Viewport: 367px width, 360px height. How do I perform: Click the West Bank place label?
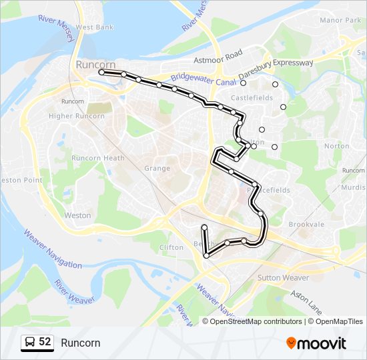click(94, 27)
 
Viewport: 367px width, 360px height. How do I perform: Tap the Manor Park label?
click(340, 21)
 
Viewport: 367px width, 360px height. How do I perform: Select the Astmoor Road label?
click(218, 58)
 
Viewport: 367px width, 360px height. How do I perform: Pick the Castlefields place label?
click(252, 98)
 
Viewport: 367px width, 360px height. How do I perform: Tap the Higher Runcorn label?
click(77, 116)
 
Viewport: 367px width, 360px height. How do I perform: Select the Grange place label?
click(157, 168)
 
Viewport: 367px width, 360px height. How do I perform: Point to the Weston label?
click(77, 215)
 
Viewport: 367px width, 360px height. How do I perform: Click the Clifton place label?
click(171, 247)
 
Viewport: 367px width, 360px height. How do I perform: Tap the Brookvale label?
click(306, 225)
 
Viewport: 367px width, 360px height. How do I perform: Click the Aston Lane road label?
click(306, 301)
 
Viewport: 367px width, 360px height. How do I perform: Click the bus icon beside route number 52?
click(30, 343)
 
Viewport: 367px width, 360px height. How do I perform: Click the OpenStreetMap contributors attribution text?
click(256, 321)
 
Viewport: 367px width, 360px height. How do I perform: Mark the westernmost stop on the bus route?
click(101, 71)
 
